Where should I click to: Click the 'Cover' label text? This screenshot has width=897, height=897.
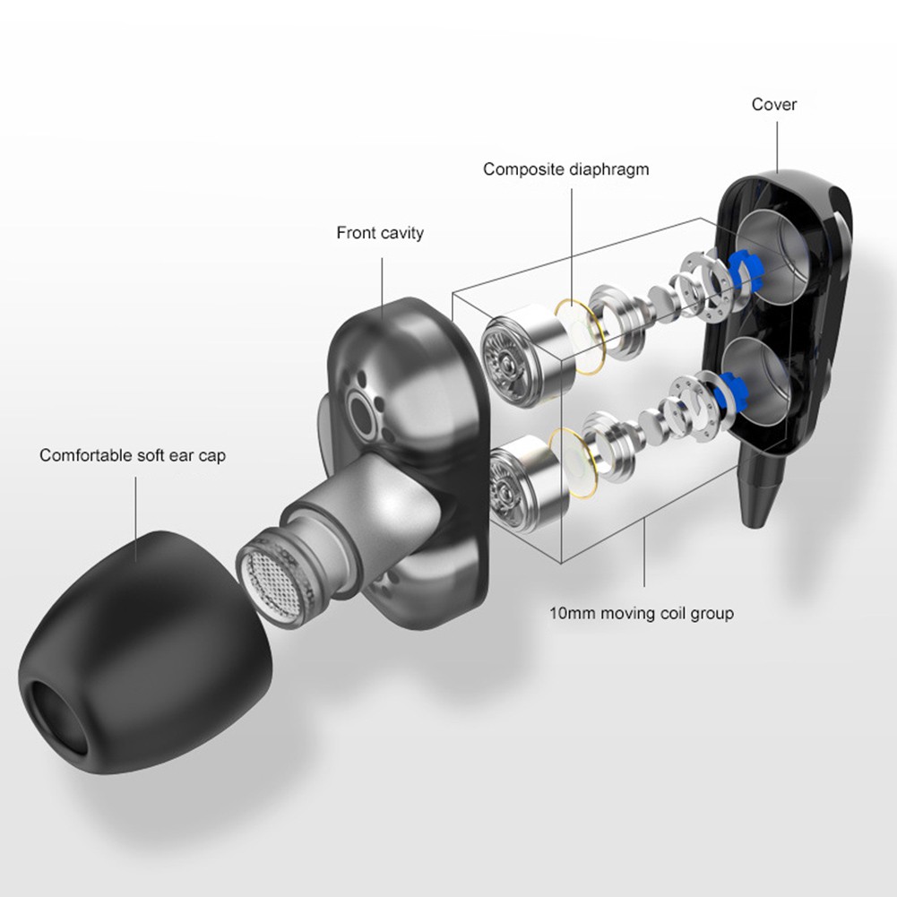click(x=773, y=104)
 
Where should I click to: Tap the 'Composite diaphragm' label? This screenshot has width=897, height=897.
click(x=565, y=169)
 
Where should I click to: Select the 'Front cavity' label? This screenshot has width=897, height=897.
click(x=380, y=233)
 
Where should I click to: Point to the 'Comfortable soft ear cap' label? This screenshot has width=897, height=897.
click(x=133, y=455)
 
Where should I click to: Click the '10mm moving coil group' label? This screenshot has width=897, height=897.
click(x=642, y=613)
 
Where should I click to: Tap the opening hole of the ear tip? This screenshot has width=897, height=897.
click(x=57, y=715)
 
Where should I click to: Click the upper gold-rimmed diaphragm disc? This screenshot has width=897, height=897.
click(x=580, y=335)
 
